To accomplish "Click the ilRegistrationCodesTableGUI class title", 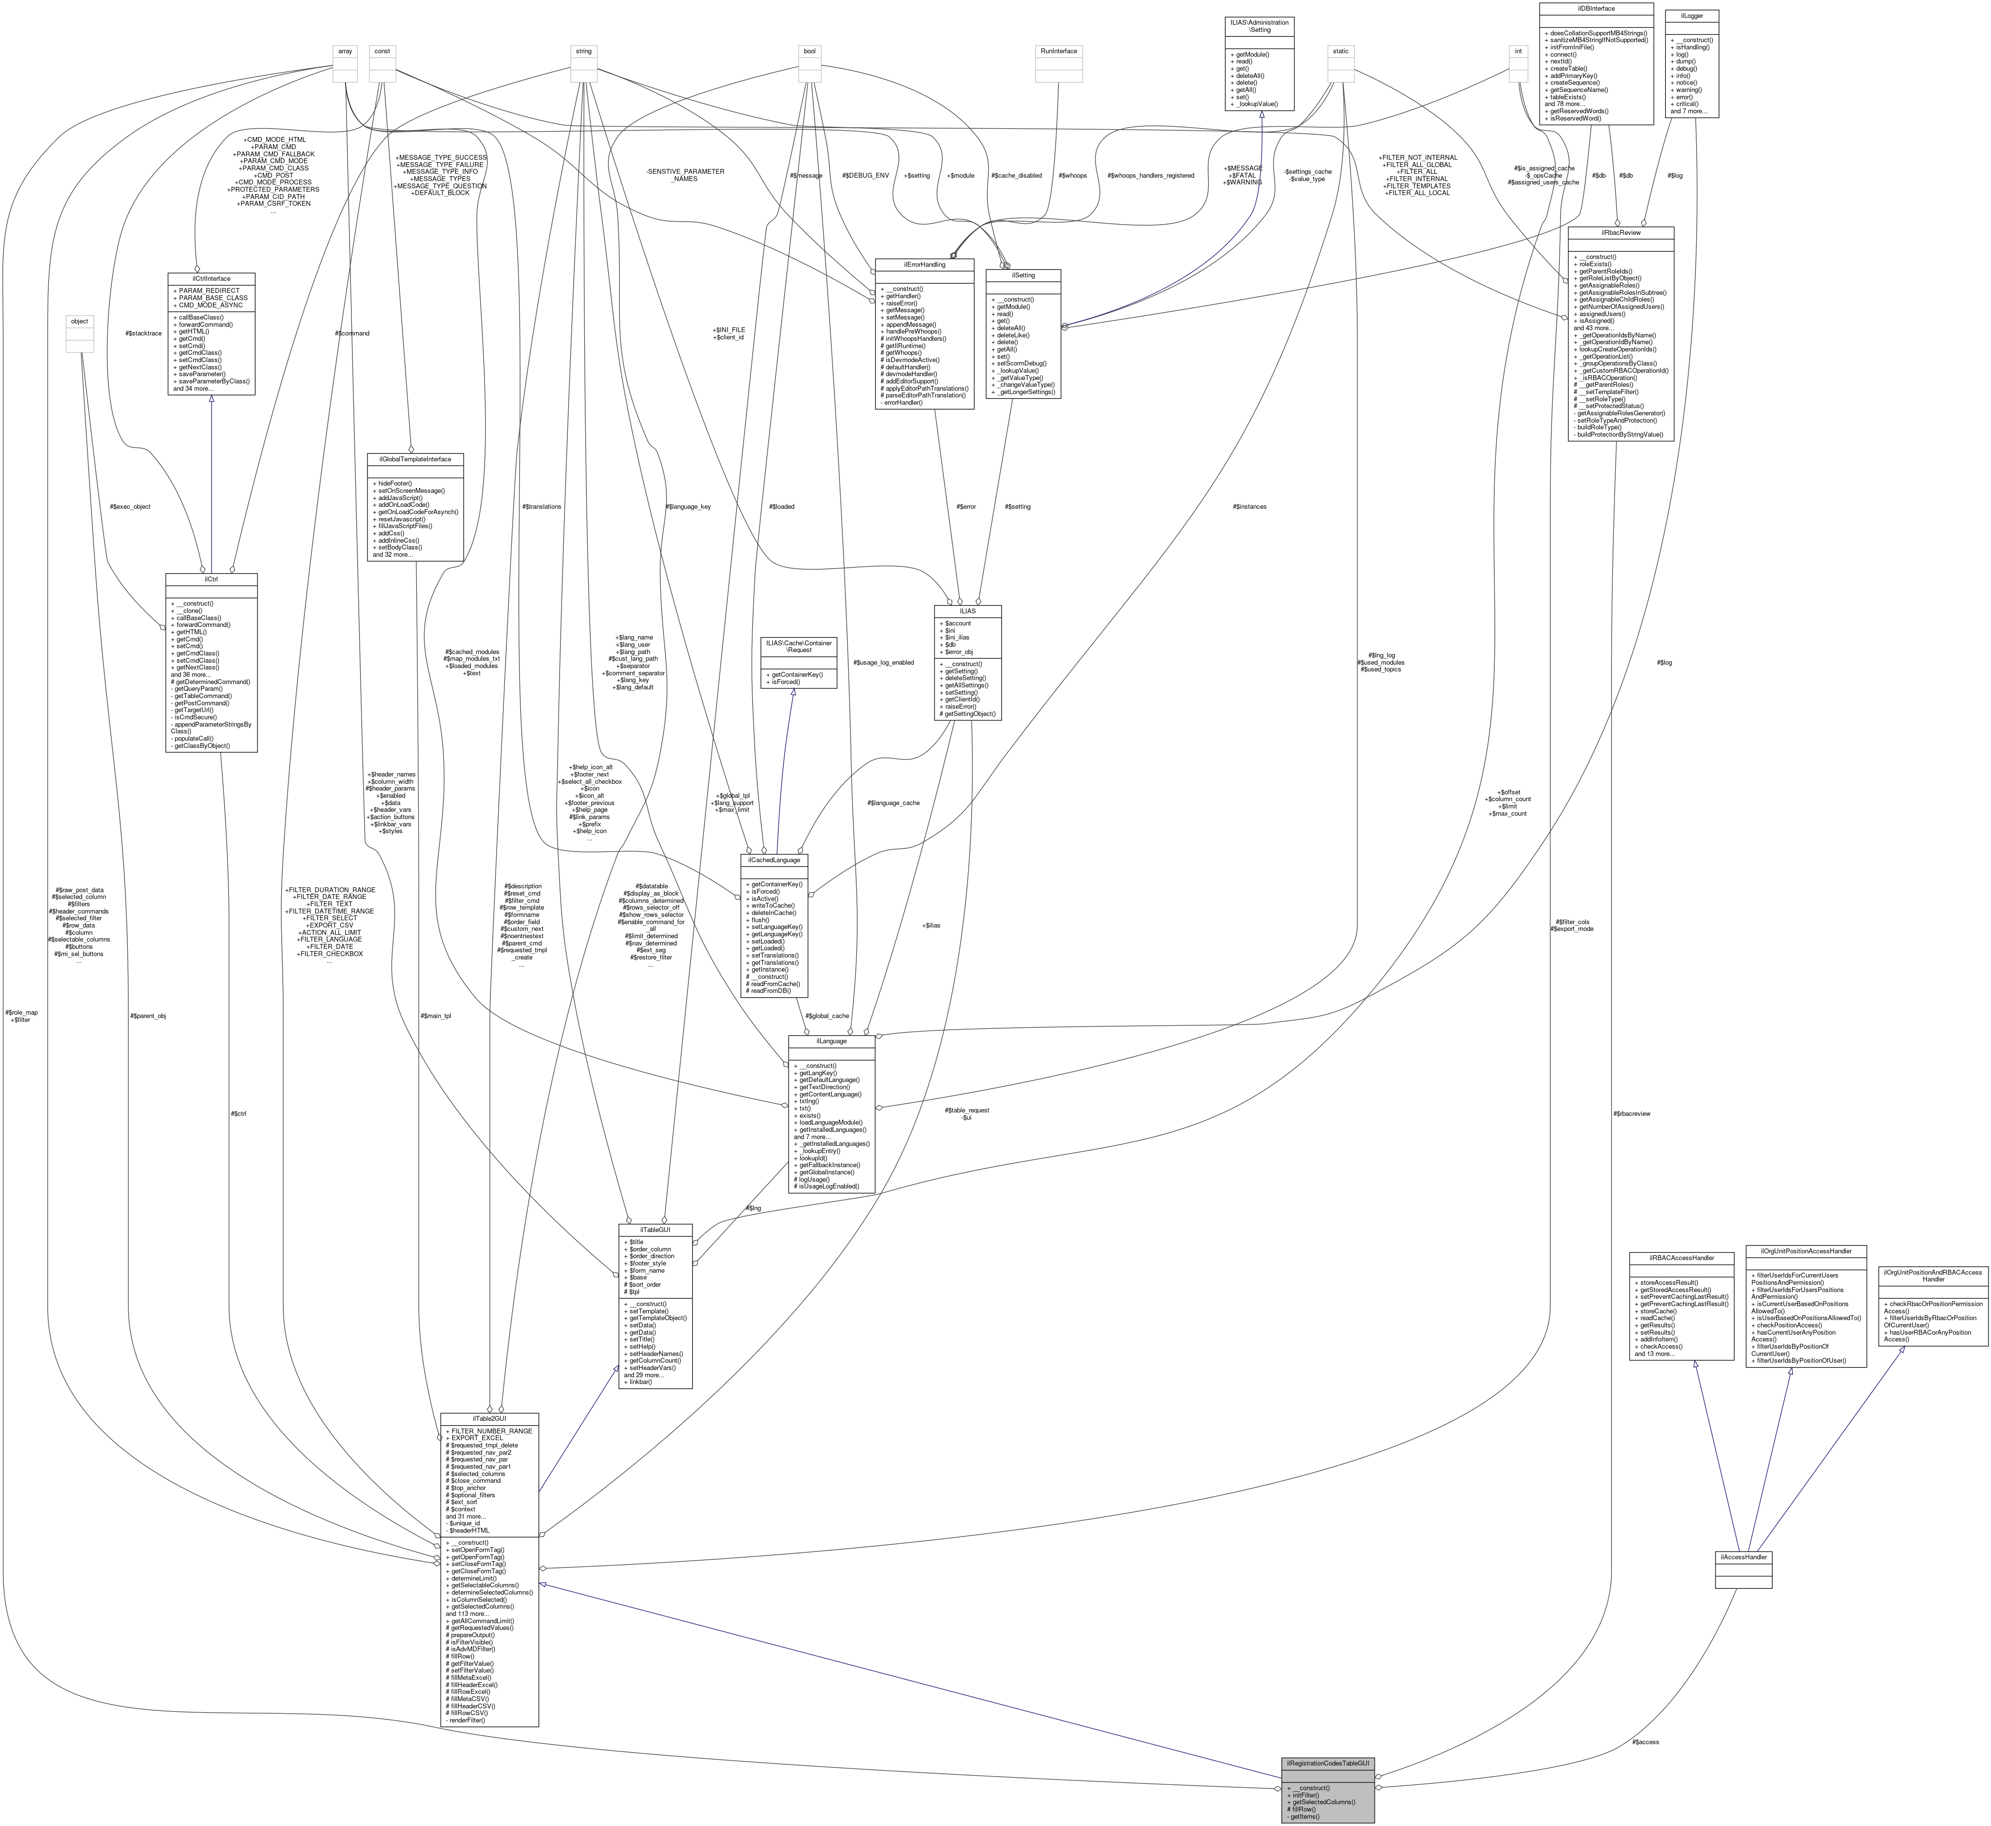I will click(x=1326, y=1764).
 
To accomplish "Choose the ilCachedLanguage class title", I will click(x=774, y=860).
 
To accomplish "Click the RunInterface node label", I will click(x=1058, y=50).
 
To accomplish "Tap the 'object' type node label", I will click(x=79, y=321).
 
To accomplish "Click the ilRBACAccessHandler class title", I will click(x=1681, y=1258).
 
